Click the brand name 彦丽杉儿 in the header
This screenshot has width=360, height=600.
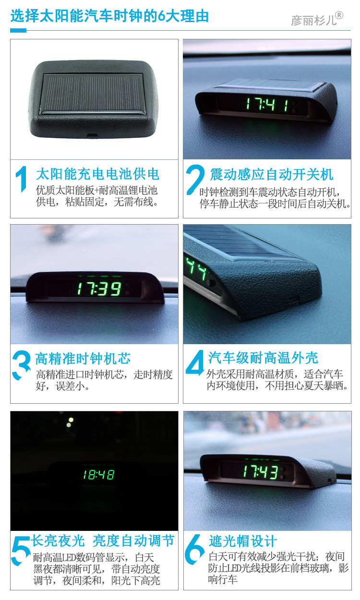point(313,20)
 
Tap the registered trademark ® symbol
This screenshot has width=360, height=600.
point(339,15)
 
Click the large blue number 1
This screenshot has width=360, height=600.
point(22,179)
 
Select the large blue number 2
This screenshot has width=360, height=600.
point(195,179)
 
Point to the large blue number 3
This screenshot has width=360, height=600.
point(21,365)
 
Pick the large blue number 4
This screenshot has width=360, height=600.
point(195,363)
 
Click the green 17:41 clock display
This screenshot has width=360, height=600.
point(267,104)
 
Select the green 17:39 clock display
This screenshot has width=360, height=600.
point(99,289)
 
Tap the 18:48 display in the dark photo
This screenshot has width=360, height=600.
point(99,475)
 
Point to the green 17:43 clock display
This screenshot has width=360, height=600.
point(260,472)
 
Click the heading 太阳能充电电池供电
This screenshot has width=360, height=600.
point(98,174)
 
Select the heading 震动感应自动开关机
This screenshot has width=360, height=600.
point(271,174)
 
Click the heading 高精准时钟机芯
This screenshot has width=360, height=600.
point(83,359)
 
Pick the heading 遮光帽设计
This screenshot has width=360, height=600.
point(243,541)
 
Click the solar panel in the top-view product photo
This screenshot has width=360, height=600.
point(93,93)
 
